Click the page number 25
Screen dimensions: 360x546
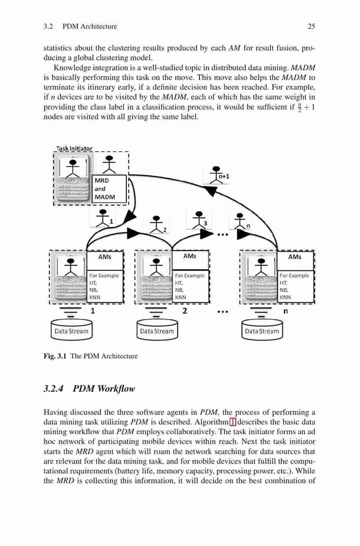[x=311, y=26]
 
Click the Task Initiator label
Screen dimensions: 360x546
[x=74, y=149]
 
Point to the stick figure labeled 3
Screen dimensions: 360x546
[x=199, y=219]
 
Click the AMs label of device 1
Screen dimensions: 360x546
[x=104, y=257]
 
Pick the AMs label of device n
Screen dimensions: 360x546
[x=295, y=257]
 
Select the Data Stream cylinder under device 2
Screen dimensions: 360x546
[x=157, y=330]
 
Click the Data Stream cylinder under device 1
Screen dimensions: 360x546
[x=72, y=330]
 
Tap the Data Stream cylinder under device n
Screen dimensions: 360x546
[x=262, y=330]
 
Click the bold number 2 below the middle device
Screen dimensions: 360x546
[x=185, y=311]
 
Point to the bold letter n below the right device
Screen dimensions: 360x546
[x=286, y=311]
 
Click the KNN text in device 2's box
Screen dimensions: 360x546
[x=180, y=298]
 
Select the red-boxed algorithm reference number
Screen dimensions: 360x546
[x=233, y=422]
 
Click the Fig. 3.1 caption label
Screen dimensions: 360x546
[x=55, y=356]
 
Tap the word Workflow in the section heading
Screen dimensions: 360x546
[x=116, y=389]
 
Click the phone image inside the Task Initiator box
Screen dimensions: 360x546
[x=73, y=181]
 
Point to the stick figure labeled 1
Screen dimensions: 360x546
[x=103, y=218]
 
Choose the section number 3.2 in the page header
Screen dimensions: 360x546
[x=48, y=26]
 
